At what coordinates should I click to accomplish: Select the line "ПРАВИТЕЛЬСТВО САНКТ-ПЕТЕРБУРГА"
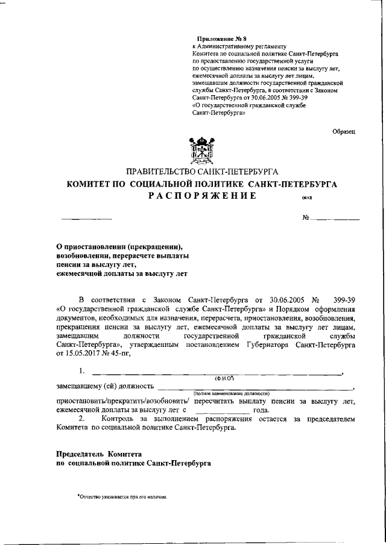[201, 172]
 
